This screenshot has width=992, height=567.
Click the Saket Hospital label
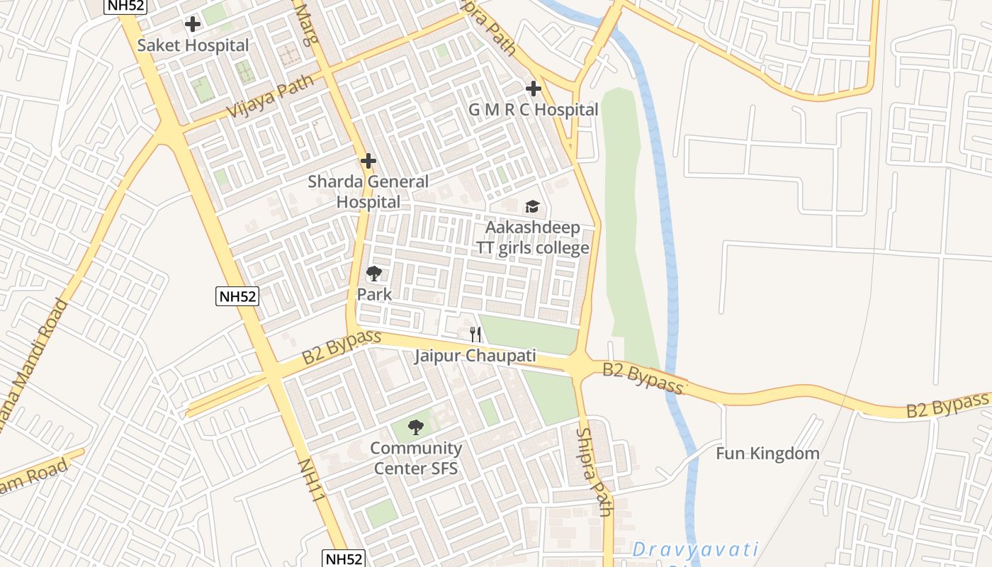pos(193,45)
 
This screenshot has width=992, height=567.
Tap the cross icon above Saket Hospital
pos(192,24)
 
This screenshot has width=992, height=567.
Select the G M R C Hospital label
pos(533,110)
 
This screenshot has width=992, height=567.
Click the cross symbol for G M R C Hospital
pos(534,89)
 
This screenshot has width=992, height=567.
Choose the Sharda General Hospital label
pos(368,191)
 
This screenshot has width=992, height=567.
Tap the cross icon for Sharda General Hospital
pos(368,161)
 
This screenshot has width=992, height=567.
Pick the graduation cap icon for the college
pos(532,206)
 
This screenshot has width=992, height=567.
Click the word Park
pos(374,294)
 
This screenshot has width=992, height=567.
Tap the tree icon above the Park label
pos(374,274)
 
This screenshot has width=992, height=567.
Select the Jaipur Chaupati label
pos(475,356)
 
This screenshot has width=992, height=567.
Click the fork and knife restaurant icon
pos(475,334)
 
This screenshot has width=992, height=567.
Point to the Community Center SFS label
pos(416,458)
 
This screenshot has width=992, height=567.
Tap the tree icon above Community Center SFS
pos(416,427)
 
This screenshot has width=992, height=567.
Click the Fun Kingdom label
pos(767,454)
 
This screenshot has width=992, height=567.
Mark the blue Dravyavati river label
pos(694,550)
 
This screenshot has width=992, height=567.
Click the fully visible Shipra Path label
pos(594,471)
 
